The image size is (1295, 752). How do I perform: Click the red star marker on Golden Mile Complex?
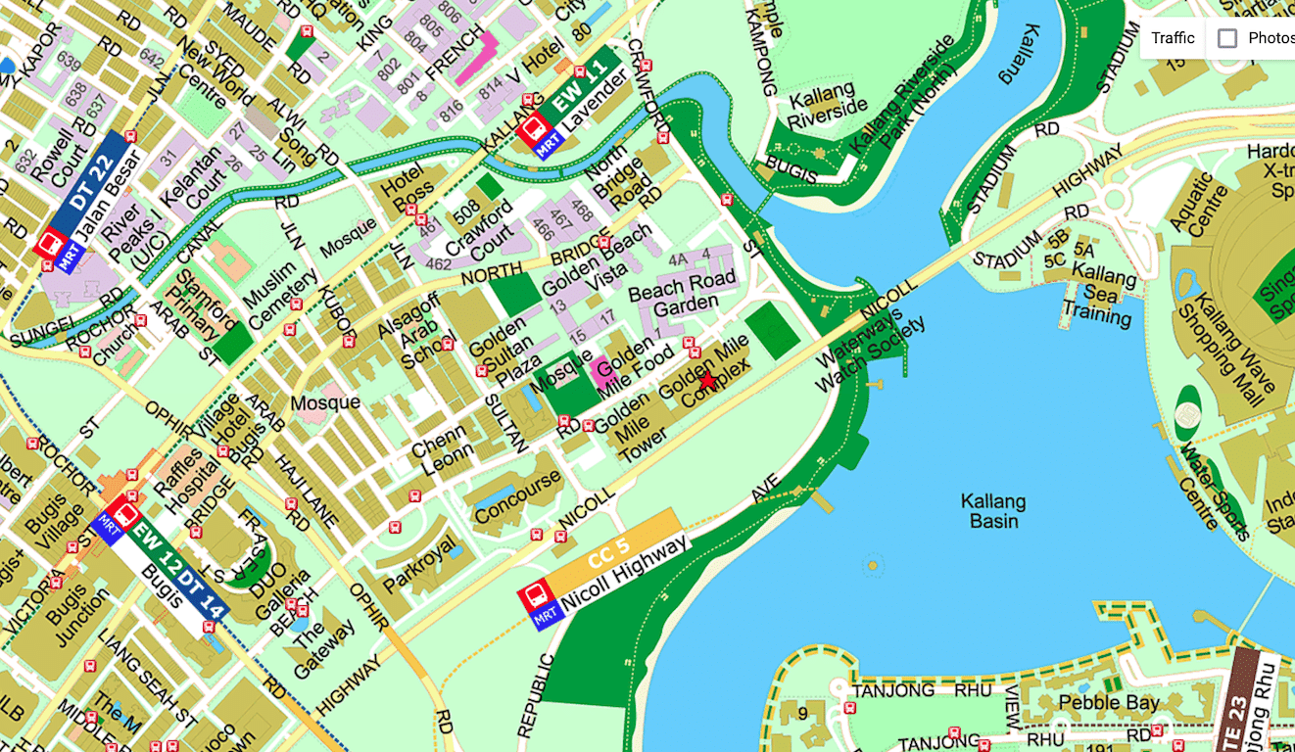pos(708,380)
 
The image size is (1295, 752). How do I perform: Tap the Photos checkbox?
pos(1227,38)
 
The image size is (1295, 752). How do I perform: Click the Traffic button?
pos(1173,38)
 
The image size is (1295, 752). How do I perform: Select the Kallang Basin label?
pos(994,511)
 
